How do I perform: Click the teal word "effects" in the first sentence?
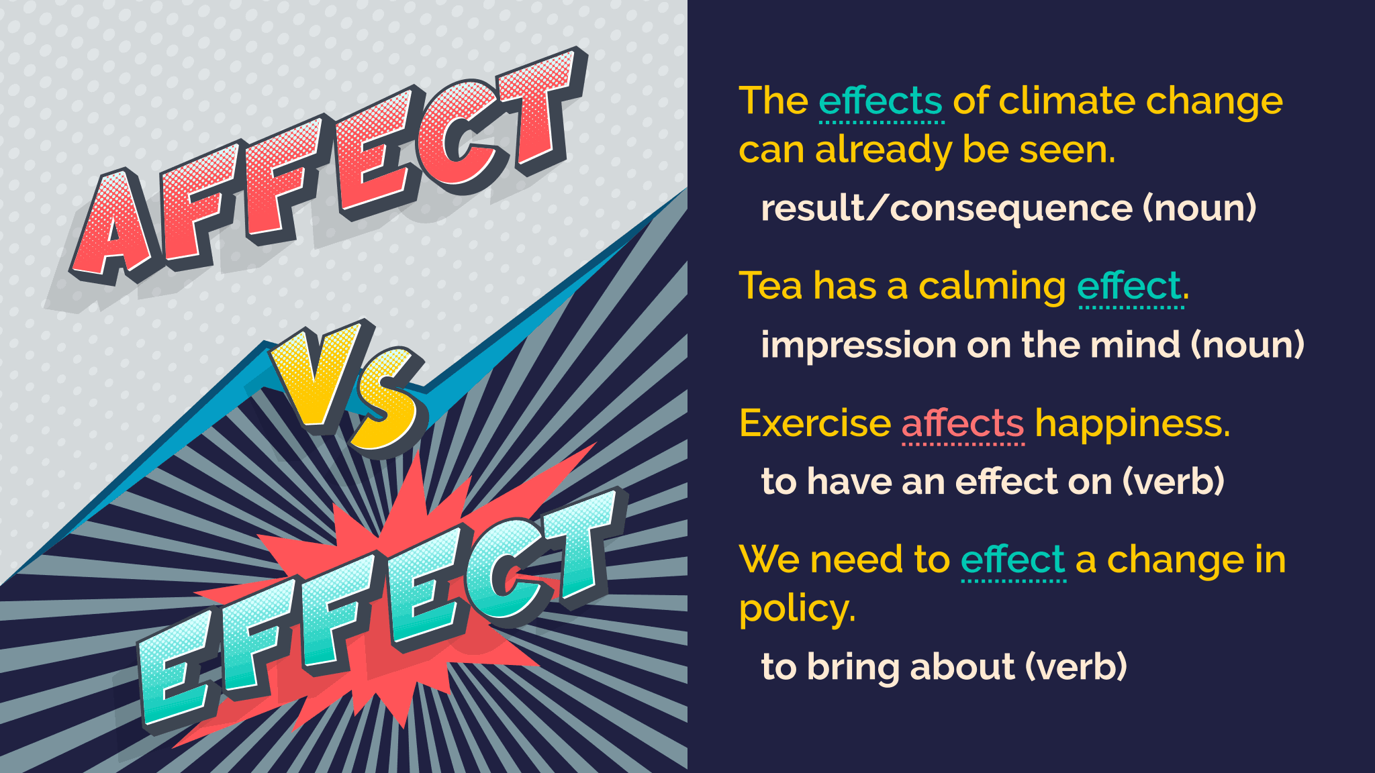[x=881, y=102]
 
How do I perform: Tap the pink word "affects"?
[x=962, y=424]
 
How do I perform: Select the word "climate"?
[x=1067, y=102]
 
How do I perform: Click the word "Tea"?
[x=770, y=286]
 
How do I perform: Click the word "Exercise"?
[x=814, y=424]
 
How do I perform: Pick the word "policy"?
[x=796, y=609]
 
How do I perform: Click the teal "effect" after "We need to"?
[x=1012, y=560]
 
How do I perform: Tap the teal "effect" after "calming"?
[x=1129, y=287]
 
